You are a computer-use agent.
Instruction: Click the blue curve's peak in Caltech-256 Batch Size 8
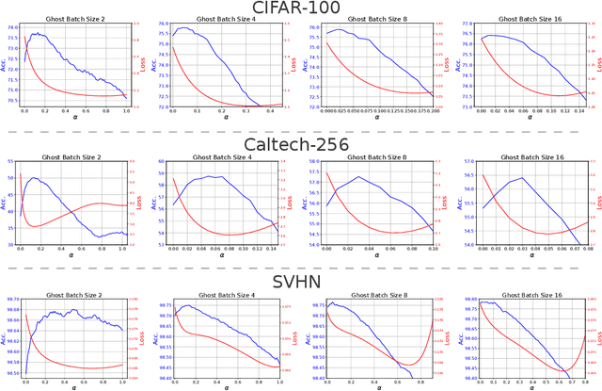click(357, 176)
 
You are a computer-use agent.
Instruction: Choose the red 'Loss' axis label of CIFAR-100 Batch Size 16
click(597, 64)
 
